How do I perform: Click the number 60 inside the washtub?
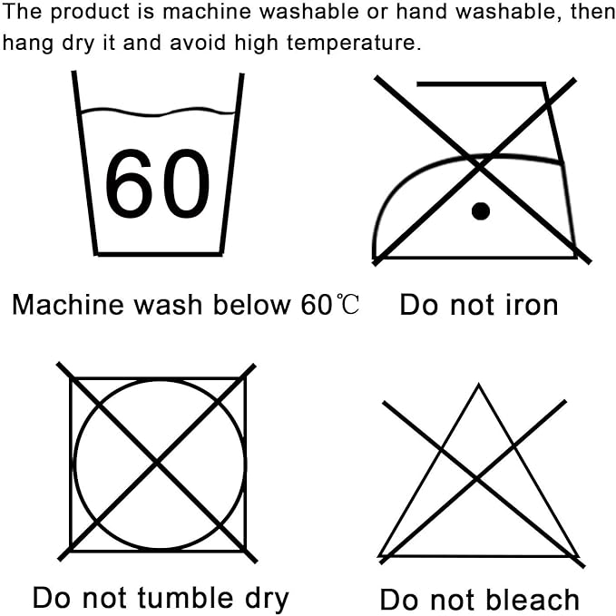157,183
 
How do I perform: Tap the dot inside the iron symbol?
481,211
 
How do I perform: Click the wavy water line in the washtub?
159,112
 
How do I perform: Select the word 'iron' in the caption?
531,305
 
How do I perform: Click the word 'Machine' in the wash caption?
67,305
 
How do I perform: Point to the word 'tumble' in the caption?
185,598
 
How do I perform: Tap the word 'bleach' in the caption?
533,600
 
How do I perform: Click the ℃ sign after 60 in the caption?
347,305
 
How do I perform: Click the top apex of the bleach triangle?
478,385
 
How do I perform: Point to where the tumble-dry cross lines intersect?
157,463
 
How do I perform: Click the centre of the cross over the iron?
480,167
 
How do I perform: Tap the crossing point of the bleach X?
477,478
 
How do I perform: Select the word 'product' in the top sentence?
90,12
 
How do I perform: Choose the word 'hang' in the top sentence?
27,44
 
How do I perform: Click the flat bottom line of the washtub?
159,254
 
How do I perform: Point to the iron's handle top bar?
481,84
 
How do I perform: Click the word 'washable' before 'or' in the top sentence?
309,11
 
